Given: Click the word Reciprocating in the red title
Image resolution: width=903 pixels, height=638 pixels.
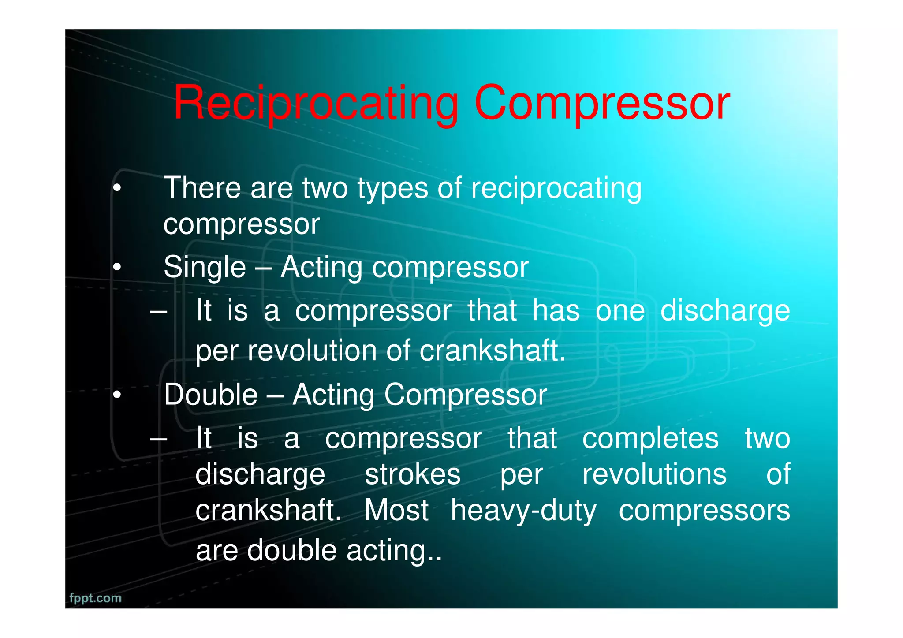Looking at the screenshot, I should pos(316,104).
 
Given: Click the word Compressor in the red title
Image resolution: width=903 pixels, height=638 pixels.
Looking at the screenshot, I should pos(602,104).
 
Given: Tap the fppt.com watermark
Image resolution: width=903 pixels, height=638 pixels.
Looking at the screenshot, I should pos(95,598).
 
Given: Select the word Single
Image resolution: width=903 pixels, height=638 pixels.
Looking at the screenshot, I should pos(205,268).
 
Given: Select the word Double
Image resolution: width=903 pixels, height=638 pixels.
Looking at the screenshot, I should pos(211,395).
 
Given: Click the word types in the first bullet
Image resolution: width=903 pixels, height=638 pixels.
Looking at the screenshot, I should pos(392,189).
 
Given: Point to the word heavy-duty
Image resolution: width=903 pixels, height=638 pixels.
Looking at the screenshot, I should pos(523,511).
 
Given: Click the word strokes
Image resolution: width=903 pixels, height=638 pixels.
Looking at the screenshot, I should pos(413,474).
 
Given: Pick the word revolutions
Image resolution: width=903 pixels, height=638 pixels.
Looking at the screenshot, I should pos(654,474).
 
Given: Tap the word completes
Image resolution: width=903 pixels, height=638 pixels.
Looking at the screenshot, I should pos(650,438).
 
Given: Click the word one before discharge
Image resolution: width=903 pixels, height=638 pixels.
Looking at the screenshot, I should pos(620,310).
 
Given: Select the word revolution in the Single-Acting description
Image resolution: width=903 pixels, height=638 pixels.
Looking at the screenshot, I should pos(312,351).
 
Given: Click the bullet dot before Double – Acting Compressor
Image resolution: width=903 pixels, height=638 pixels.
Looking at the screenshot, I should pos(116,395).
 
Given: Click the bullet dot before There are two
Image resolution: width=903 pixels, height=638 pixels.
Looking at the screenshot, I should pos(116,189).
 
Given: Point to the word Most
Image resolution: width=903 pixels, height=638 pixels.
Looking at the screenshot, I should pos(396,511).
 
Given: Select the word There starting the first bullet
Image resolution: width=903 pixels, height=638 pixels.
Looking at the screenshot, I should pos(202,188).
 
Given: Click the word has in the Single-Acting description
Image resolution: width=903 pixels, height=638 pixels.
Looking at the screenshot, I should pos(556,310).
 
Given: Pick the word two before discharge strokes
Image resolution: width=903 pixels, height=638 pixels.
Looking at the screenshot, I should pos(767,438).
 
